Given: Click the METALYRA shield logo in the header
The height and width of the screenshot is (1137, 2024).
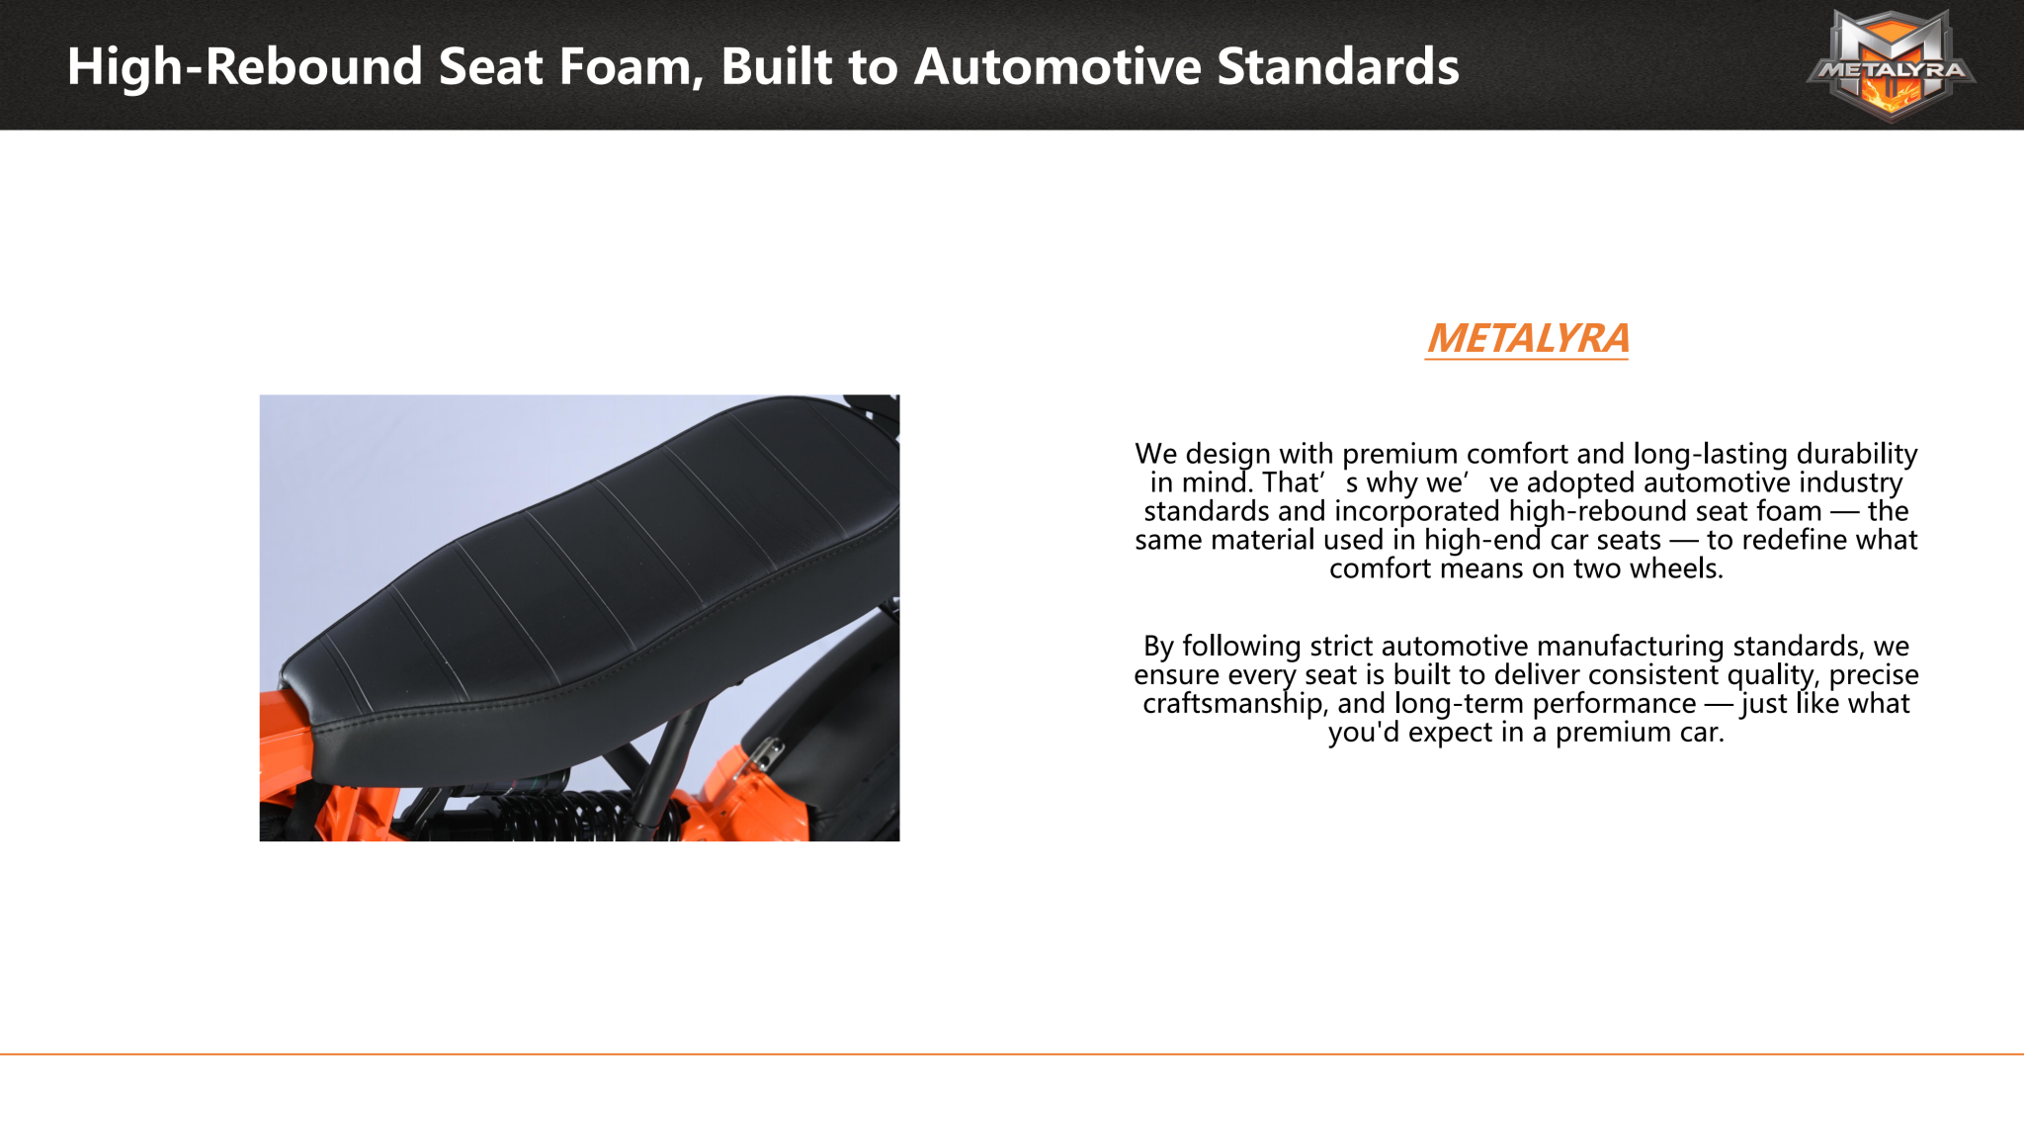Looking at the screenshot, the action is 1891,65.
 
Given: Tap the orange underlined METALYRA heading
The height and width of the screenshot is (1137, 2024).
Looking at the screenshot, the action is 1527,339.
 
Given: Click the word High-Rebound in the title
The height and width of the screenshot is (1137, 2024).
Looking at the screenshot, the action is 245,67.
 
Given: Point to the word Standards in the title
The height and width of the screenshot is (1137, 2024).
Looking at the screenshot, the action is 1338,67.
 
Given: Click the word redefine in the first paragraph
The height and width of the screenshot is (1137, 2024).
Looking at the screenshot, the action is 1793,540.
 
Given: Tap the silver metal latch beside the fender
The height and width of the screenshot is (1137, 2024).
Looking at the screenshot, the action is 766,757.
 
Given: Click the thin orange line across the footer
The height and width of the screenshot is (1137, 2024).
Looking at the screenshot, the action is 1012,1054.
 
